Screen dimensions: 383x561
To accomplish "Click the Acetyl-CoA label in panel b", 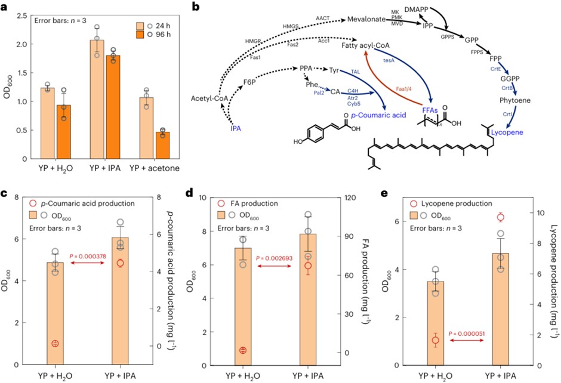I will click(209, 98).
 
